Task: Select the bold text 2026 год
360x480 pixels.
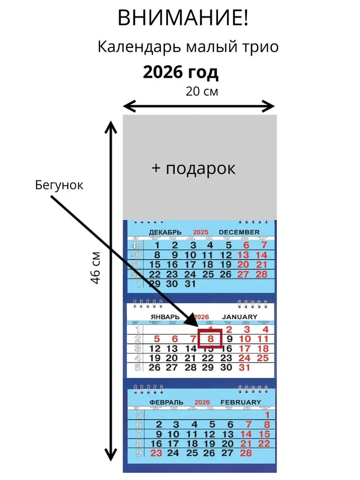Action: coord(180,72)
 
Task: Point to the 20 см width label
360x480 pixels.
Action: coord(202,91)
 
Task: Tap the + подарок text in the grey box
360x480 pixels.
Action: coord(193,168)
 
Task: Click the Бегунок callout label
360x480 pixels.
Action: coord(59,185)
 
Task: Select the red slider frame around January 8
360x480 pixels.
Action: coord(210,338)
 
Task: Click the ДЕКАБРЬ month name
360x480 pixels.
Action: coord(165,232)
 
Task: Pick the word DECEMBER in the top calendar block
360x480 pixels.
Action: coord(239,232)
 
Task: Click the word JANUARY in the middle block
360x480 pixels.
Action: coord(240,317)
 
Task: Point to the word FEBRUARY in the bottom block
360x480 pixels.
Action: coord(240,402)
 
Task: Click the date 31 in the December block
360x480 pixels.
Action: coord(190,284)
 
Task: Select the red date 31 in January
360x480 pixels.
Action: coord(245,368)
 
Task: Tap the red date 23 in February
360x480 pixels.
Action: coord(156,453)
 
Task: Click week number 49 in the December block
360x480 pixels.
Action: coord(136,245)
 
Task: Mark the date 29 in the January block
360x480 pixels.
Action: coord(208,368)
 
